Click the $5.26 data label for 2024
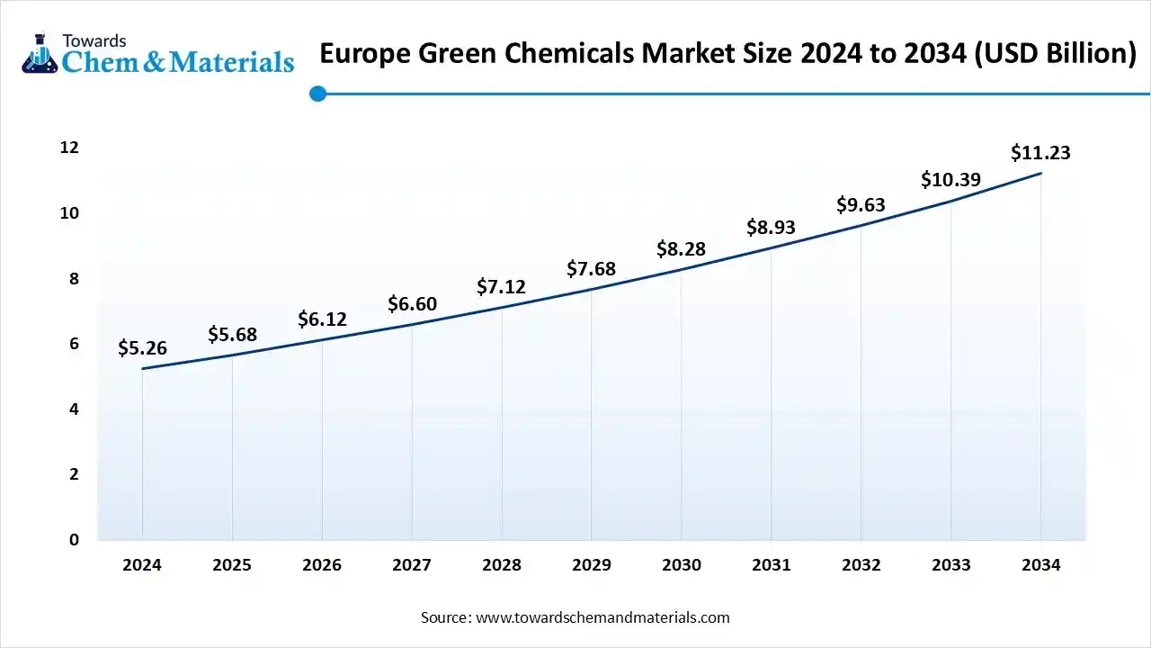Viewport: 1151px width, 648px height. (142, 348)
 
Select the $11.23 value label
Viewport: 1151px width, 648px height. (1040, 152)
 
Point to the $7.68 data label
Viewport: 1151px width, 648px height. (591, 268)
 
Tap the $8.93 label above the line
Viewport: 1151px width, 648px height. (771, 228)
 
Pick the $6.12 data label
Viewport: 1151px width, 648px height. (322, 319)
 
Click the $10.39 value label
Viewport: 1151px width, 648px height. (950, 179)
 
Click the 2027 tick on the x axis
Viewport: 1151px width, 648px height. (412, 565)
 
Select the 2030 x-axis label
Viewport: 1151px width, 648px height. (682, 565)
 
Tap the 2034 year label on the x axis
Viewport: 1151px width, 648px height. (1040, 565)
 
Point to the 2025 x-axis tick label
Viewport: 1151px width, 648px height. (232, 565)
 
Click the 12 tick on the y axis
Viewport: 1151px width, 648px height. (69, 148)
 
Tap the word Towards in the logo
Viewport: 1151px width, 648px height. (94, 40)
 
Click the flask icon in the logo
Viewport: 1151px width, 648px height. (39, 53)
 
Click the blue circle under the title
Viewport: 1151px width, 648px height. (317, 93)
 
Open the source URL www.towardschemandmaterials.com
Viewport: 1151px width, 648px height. (602, 617)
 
